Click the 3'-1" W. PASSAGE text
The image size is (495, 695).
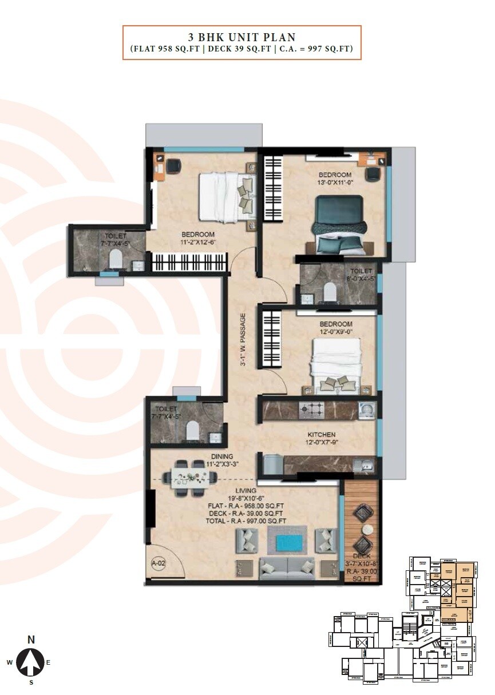coord(243,339)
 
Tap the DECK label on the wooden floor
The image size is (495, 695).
coord(362,556)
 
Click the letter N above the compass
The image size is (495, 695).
coord(31,640)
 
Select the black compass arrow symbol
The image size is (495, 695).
coord(31,663)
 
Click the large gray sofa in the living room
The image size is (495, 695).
coord(287,569)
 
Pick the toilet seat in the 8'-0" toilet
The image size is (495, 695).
coord(330,292)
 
